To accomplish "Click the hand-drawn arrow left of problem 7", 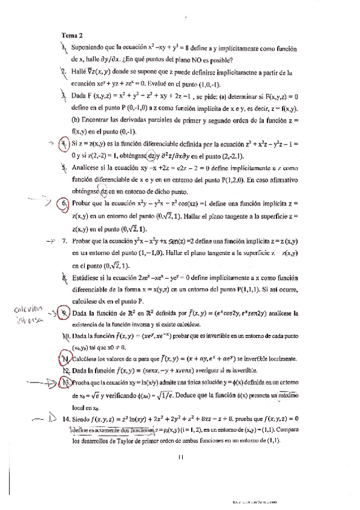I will coord(50,241).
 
